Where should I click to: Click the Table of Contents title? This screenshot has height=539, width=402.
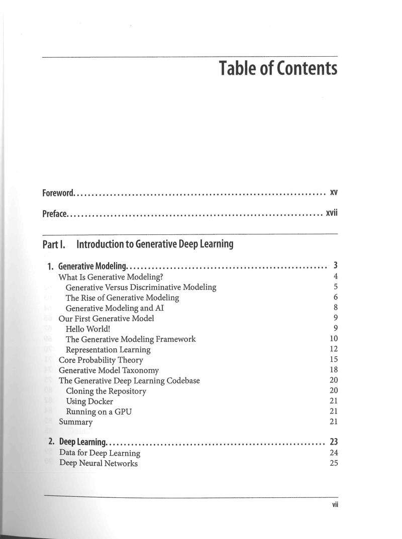coord(278,68)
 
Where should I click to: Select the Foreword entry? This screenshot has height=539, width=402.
coord(58,193)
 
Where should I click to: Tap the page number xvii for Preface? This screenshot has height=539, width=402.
coord(332,213)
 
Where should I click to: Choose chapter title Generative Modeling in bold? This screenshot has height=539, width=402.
coord(93,266)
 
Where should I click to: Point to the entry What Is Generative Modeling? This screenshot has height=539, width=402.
coord(111,277)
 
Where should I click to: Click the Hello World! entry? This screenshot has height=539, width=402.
coord(88,328)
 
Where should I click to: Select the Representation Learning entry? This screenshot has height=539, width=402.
coord(108,349)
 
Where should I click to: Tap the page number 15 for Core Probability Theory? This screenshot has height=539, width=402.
coord(334,359)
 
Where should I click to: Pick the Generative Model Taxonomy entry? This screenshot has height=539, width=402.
coord(109,370)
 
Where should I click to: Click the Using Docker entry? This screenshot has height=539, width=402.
coord(89,401)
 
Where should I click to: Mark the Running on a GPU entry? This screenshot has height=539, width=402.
coord(99,412)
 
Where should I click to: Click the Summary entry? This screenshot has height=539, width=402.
coord(76,422)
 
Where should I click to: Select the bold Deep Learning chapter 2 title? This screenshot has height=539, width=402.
coord(82,443)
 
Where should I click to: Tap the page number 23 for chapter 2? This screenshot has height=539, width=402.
coord(334,442)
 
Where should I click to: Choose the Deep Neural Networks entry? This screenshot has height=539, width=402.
coord(98,463)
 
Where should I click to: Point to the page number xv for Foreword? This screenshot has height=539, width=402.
coord(334,192)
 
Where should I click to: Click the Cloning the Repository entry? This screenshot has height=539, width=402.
coord(106,391)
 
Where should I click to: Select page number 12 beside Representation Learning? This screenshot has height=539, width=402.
coord(334,349)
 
